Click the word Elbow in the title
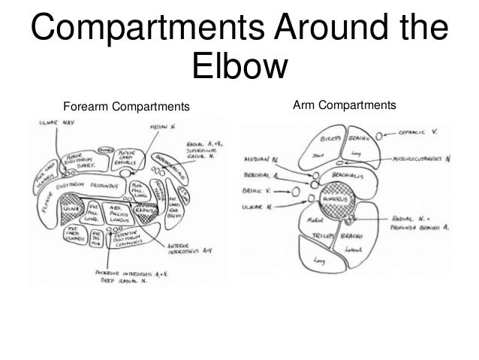tap(239, 66)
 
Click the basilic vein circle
tap(295, 191)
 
